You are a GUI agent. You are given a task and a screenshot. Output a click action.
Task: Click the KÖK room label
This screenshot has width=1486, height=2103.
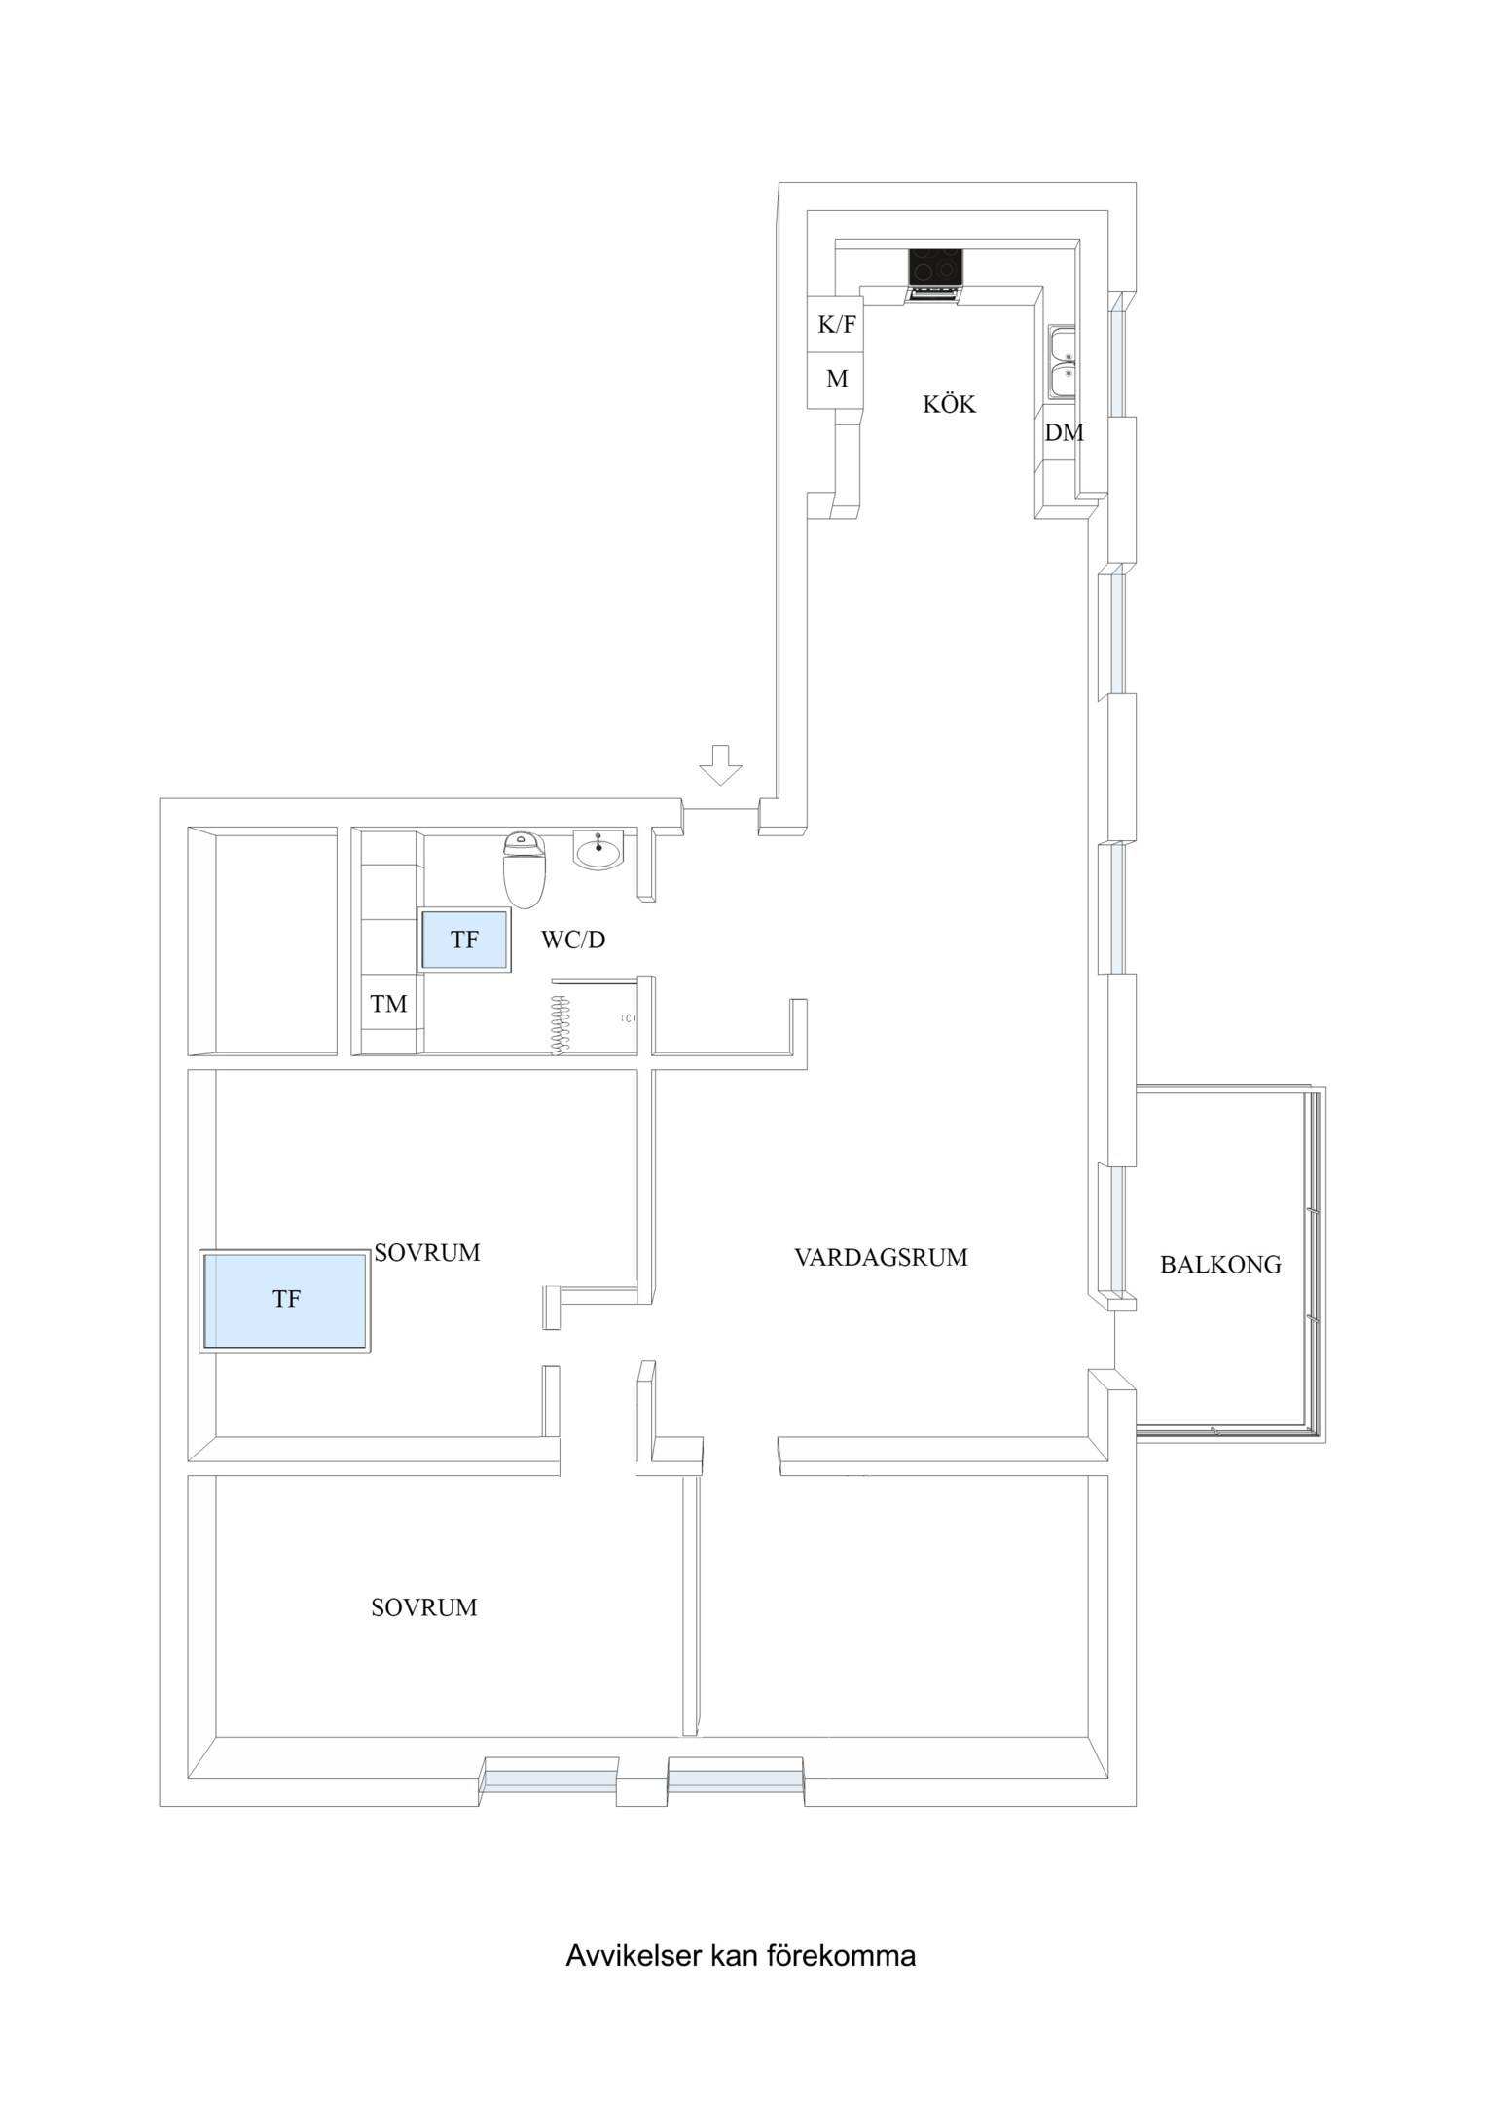[x=949, y=404]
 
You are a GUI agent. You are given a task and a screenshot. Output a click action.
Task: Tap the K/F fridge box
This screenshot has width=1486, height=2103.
[x=837, y=324]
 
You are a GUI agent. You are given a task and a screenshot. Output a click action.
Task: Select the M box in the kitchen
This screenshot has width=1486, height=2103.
[x=837, y=380]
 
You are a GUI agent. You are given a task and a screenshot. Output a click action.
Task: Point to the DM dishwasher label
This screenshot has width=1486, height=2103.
[x=1064, y=433]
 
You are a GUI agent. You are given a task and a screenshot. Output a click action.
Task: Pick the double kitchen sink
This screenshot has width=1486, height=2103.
[x=1063, y=364]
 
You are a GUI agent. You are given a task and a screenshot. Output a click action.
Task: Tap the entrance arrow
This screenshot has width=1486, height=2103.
[x=720, y=764]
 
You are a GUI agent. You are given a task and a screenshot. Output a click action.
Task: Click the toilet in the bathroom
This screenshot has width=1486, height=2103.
[x=525, y=868]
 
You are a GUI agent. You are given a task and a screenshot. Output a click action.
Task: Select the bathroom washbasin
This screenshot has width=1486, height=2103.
[x=598, y=851]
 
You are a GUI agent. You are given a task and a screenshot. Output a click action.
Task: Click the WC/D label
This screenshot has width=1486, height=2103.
[x=573, y=940]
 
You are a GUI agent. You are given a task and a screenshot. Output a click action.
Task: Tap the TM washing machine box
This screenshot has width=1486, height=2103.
[x=389, y=1003]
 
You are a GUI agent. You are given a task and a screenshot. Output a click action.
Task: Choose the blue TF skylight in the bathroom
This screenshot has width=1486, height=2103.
[x=464, y=940]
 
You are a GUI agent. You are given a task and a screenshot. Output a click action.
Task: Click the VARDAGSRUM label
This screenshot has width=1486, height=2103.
[x=881, y=1258]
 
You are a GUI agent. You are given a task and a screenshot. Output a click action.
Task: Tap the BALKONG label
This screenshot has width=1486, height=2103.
[x=1220, y=1265]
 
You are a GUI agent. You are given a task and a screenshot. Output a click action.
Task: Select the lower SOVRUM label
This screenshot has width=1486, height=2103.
[x=424, y=1607]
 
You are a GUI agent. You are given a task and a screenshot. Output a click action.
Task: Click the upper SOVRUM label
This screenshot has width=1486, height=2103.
[x=427, y=1253]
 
